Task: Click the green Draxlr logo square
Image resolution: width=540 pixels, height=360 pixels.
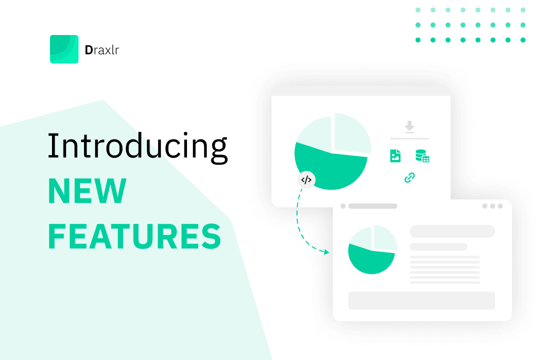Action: pyautogui.click(x=64, y=49)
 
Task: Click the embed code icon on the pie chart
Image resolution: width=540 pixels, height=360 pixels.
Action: pyautogui.click(x=306, y=179)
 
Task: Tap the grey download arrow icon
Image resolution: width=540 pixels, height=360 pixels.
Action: pyautogui.click(x=409, y=127)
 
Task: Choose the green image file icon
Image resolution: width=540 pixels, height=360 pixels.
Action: pyautogui.click(x=395, y=156)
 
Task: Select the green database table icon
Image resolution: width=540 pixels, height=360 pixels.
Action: pyautogui.click(x=422, y=156)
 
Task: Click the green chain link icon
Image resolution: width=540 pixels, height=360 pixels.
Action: pyautogui.click(x=409, y=177)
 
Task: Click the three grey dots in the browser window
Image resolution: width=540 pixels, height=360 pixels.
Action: pyautogui.click(x=492, y=206)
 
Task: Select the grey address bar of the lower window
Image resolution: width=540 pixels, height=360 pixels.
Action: pyautogui.click(x=372, y=206)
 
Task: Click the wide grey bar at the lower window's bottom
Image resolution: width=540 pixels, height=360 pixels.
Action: pyautogui.click(x=421, y=300)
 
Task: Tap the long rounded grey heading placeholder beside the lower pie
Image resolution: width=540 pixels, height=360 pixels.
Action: pyautogui.click(x=452, y=231)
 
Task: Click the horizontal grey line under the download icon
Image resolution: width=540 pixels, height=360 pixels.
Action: pyautogui.click(x=409, y=138)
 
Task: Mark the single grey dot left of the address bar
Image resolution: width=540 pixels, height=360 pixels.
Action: pyautogui.click(x=343, y=206)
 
